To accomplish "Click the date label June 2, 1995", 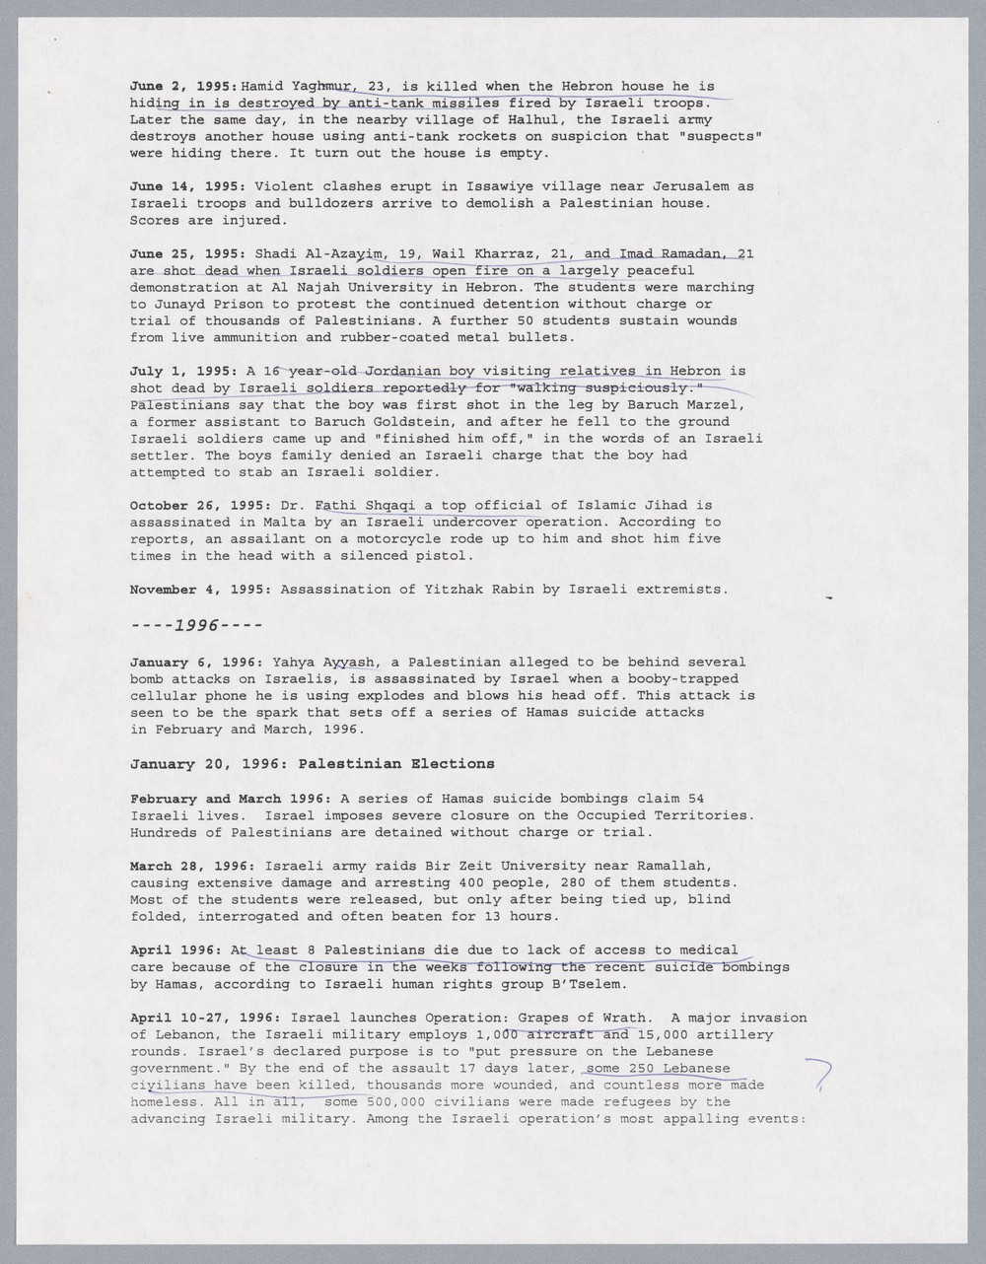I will pos(183,86).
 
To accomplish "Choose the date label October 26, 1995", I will pos(200,505).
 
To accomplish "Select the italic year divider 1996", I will pos(196,625).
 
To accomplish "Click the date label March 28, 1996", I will pos(192,866).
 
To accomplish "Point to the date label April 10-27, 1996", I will pos(205,1018).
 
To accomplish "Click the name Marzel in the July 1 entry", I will pos(725,404).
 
